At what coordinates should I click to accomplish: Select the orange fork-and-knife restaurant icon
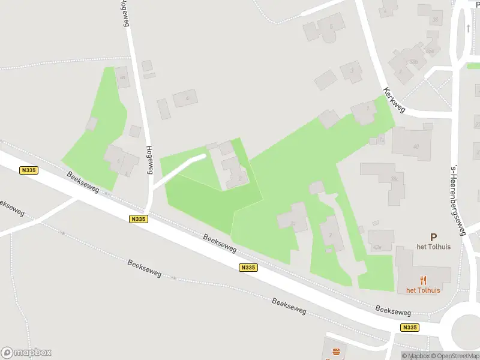click(x=423, y=280)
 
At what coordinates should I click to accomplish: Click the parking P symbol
click(x=433, y=238)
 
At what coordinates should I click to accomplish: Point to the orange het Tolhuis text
click(x=423, y=290)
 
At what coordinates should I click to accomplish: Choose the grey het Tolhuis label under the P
click(x=433, y=247)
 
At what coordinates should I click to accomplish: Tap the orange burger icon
click(x=335, y=351)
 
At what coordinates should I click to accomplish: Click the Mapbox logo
click(x=26, y=353)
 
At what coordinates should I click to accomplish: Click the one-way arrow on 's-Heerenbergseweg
click(x=468, y=28)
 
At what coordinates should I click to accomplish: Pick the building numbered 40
click(x=412, y=145)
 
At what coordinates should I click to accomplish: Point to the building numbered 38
click(x=432, y=17)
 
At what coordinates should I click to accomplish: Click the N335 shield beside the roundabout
click(x=410, y=327)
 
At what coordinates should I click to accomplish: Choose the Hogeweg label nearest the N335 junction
click(x=148, y=160)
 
